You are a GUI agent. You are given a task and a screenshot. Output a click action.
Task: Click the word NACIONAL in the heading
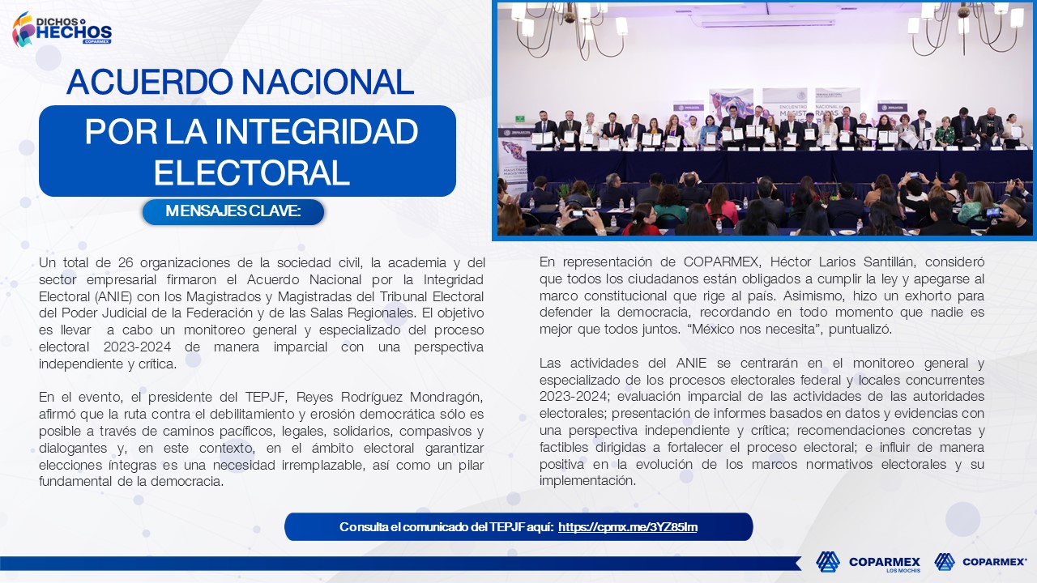point(327,82)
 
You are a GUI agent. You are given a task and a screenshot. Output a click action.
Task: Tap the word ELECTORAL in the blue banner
point(251,172)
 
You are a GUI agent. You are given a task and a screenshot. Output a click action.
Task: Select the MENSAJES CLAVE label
point(233,211)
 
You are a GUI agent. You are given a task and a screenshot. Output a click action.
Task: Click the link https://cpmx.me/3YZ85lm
point(628,527)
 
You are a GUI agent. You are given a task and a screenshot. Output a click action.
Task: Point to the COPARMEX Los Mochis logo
point(868,562)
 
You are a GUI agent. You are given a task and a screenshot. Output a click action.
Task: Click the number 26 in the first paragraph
point(126,263)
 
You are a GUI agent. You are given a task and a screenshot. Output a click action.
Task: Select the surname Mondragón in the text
point(446,398)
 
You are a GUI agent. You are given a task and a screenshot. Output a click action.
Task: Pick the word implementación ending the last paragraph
point(587,481)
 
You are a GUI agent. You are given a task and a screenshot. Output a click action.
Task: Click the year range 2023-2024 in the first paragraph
point(137,347)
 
